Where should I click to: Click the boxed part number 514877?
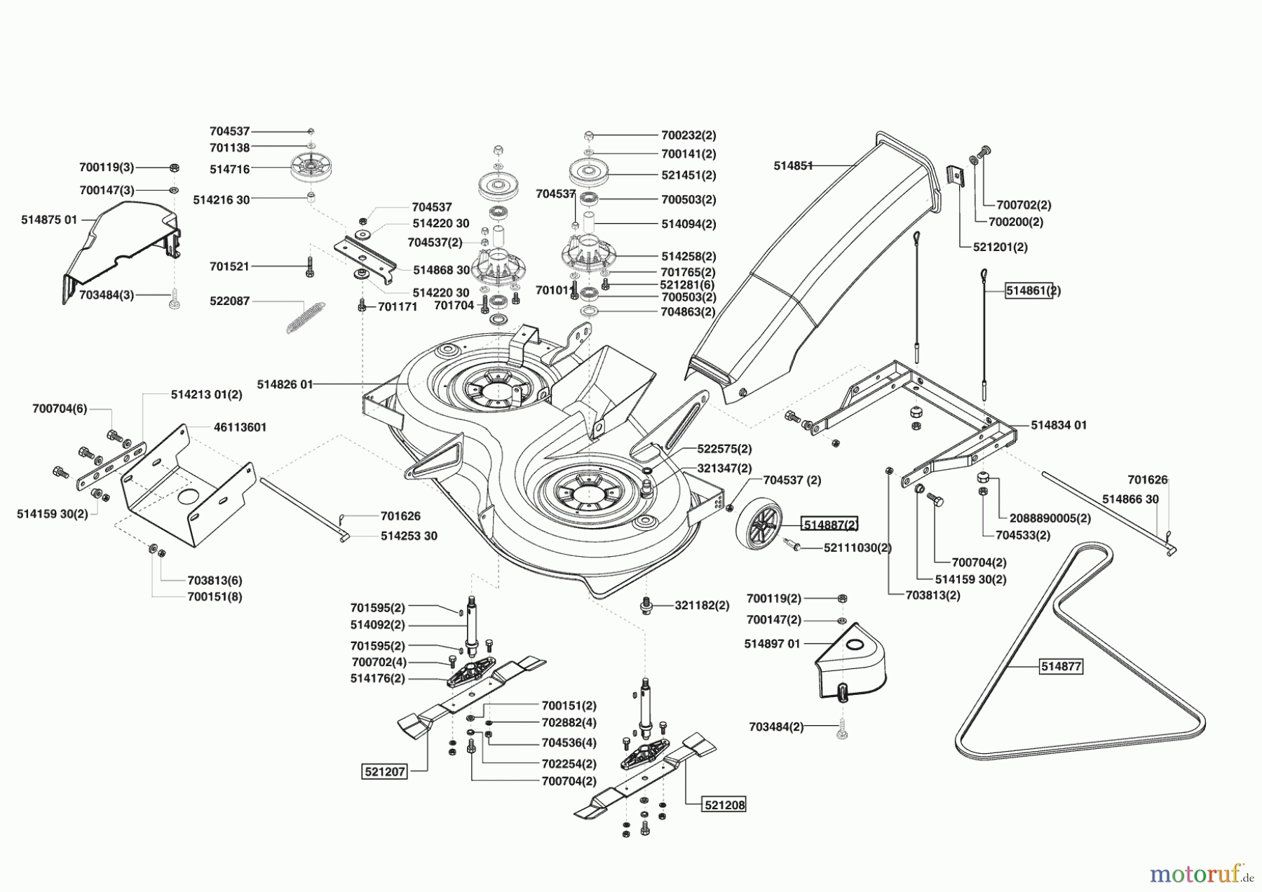(x=1061, y=666)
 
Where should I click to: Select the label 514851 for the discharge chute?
(x=793, y=166)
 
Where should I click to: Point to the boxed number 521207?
(x=384, y=772)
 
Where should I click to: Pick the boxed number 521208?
(x=725, y=805)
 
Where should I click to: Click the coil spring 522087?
(x=306, y=317)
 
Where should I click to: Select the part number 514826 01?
(x=285, y=384)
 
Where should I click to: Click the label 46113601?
(x=240, y=427)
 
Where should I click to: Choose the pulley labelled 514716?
(x=311, y=169)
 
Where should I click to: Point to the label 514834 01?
(x=1059, y=425)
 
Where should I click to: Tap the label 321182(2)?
(x=702, y=605)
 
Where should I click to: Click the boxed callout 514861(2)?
(x=1033, y=290)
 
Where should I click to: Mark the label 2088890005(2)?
(x=1050, y=518)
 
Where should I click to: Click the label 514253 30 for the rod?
(x=409, y=536)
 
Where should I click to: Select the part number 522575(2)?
(x=724, y=449)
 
